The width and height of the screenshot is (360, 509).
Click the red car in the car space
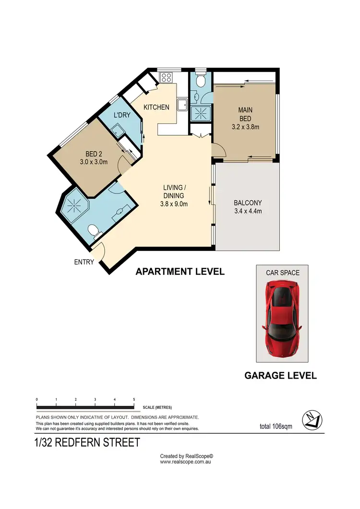281,319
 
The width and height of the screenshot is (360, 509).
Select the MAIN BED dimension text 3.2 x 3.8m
245,127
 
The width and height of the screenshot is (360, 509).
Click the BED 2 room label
94,154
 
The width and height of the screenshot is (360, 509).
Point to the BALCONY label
247,202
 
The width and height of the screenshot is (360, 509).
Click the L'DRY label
122,116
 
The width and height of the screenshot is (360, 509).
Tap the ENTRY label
84,262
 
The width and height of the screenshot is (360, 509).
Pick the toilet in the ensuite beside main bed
200,81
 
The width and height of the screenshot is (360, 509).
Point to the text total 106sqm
275,426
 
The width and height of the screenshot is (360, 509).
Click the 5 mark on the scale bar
134,399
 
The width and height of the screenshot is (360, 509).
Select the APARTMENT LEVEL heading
180,272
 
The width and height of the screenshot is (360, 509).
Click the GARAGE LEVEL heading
280,376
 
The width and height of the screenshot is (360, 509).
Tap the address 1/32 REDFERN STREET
88,442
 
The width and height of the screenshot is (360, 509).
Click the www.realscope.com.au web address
186,462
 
